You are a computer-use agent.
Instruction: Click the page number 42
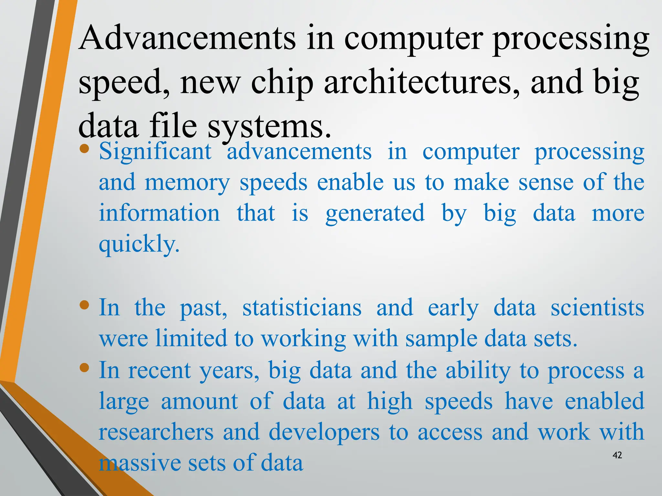617,455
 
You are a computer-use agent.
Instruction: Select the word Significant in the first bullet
155,152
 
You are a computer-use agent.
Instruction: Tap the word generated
375,214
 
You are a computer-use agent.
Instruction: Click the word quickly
139,244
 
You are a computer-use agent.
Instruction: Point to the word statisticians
302,308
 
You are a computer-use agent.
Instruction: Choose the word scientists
597,308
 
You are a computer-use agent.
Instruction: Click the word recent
159,370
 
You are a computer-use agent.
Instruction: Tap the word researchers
156,432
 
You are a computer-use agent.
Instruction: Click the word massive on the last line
139,463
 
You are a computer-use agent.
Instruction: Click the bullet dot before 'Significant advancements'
84,149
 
